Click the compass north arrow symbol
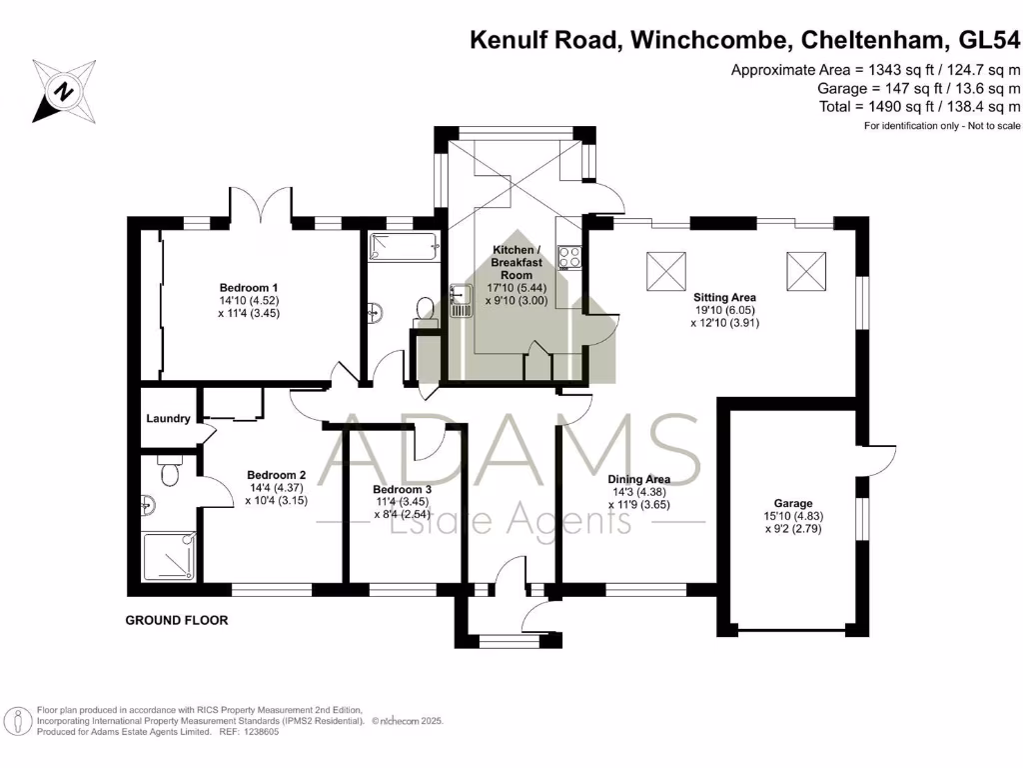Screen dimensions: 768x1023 click(x=64, y=90)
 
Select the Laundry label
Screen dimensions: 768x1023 click(x=168, y=419)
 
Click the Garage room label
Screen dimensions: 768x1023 click(x=792, y=503)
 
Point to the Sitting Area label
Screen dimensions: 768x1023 click(x=724, y=297)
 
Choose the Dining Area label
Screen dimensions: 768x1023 click(x=639, y=479)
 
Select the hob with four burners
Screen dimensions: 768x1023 click(x=570, y=258)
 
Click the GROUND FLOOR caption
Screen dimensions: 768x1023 click(x=176, y=621)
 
